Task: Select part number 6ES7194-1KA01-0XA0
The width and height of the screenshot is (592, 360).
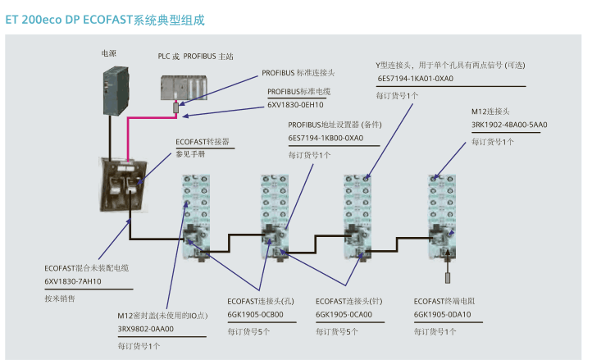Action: [x=415, y=80]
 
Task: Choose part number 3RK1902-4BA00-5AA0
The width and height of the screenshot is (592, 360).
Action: [x=508, y=125]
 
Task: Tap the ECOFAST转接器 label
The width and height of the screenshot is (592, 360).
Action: [x=203, y=141]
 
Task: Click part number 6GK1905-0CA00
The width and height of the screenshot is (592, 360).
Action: [x=344, y=315]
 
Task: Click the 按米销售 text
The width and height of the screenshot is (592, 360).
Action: [x=59, y=298]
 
